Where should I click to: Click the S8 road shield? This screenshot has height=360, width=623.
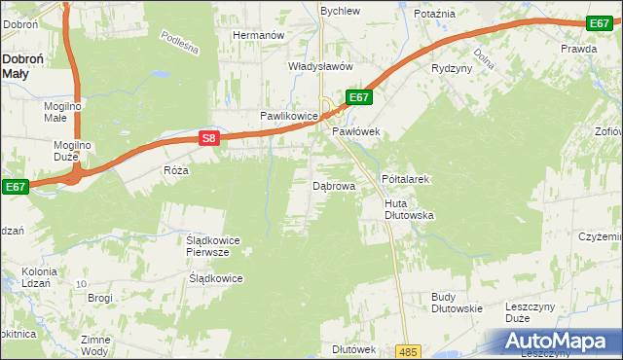pos(208,138)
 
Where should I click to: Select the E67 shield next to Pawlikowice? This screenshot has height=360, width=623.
pos(358,97)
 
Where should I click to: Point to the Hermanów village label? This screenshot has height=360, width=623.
pos(257,35)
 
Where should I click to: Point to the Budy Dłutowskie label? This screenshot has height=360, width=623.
pos(457,302)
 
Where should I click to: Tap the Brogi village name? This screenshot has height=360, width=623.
pos(100,298)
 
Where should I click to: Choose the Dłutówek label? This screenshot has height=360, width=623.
pos(353,348)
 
